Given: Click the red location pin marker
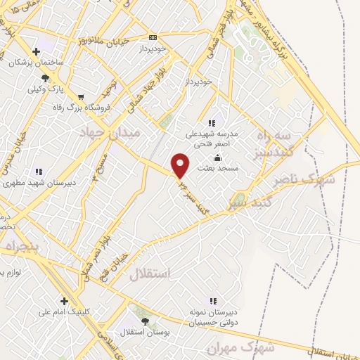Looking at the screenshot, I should point(180,165).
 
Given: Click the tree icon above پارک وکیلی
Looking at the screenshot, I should point(46,78).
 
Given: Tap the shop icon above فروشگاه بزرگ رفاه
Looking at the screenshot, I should point(81,97).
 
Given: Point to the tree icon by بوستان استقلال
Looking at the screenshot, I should point(145,321).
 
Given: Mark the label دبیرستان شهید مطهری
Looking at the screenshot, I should point(39,182).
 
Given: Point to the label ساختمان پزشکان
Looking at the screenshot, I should point(36,63).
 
